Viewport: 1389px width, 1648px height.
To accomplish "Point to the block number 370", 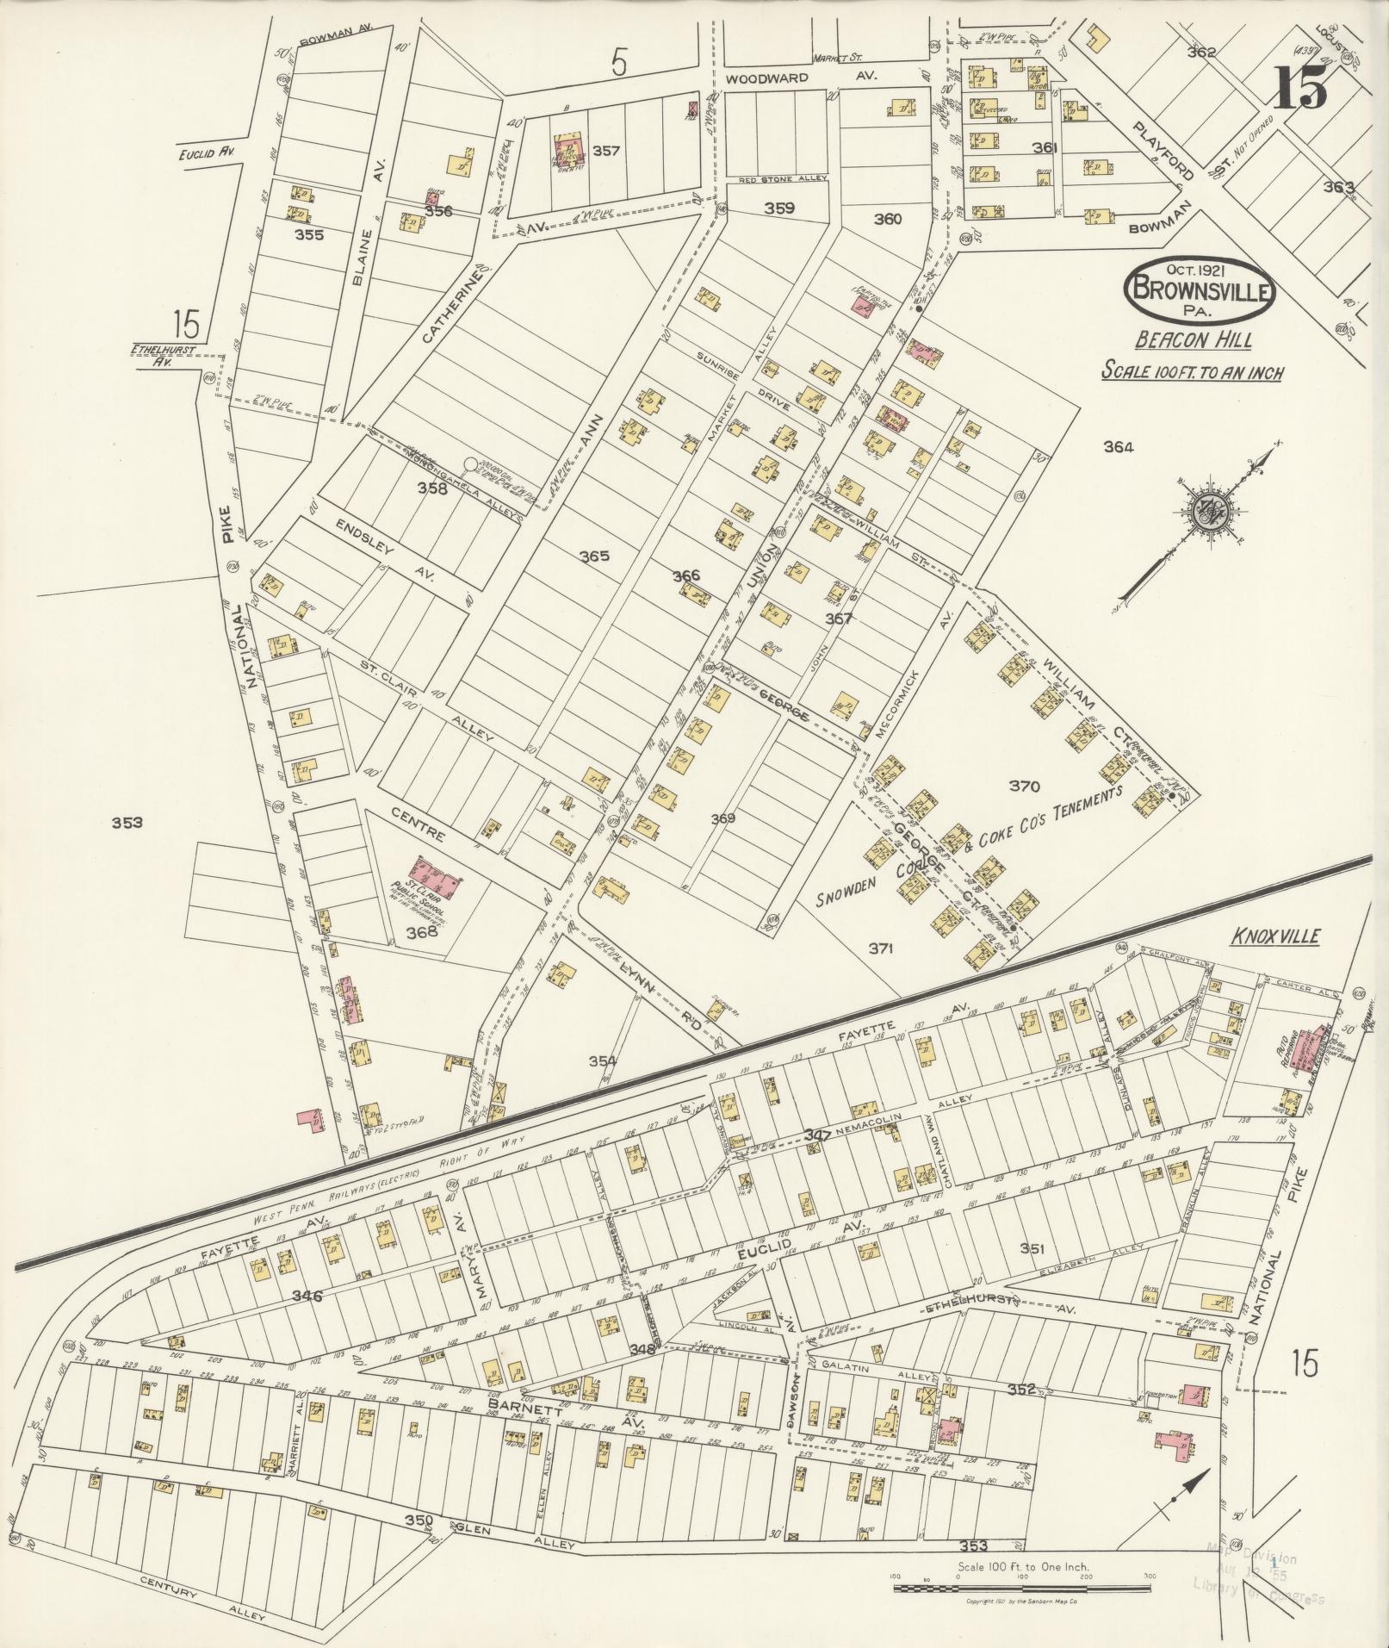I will click(x=1025, y=786).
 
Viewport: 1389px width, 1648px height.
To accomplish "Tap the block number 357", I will click(x=606, y=151).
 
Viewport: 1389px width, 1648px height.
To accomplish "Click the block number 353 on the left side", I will click(x=127, y=822).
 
